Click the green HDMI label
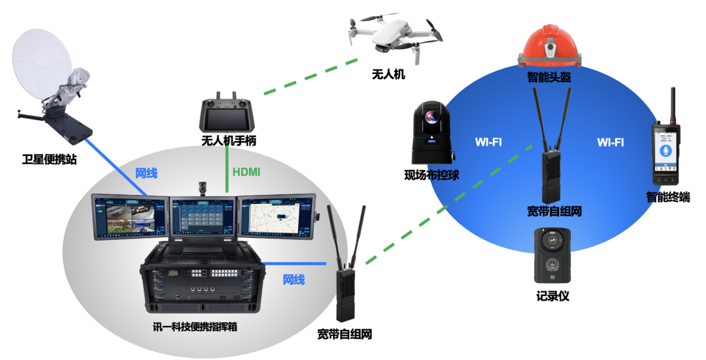pos(246,172)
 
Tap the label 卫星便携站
pos(49,158)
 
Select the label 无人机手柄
pos(228,140)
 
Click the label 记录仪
pos(552,296)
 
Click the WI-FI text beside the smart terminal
pos(611,142)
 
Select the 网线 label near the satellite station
pos(146,173)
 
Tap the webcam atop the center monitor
pos(203,189)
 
